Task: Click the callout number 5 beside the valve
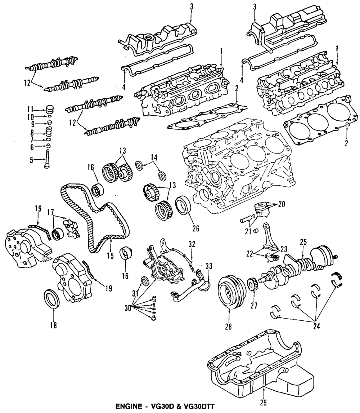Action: tap(32, 160)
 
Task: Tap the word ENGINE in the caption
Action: tap(129, 407)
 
